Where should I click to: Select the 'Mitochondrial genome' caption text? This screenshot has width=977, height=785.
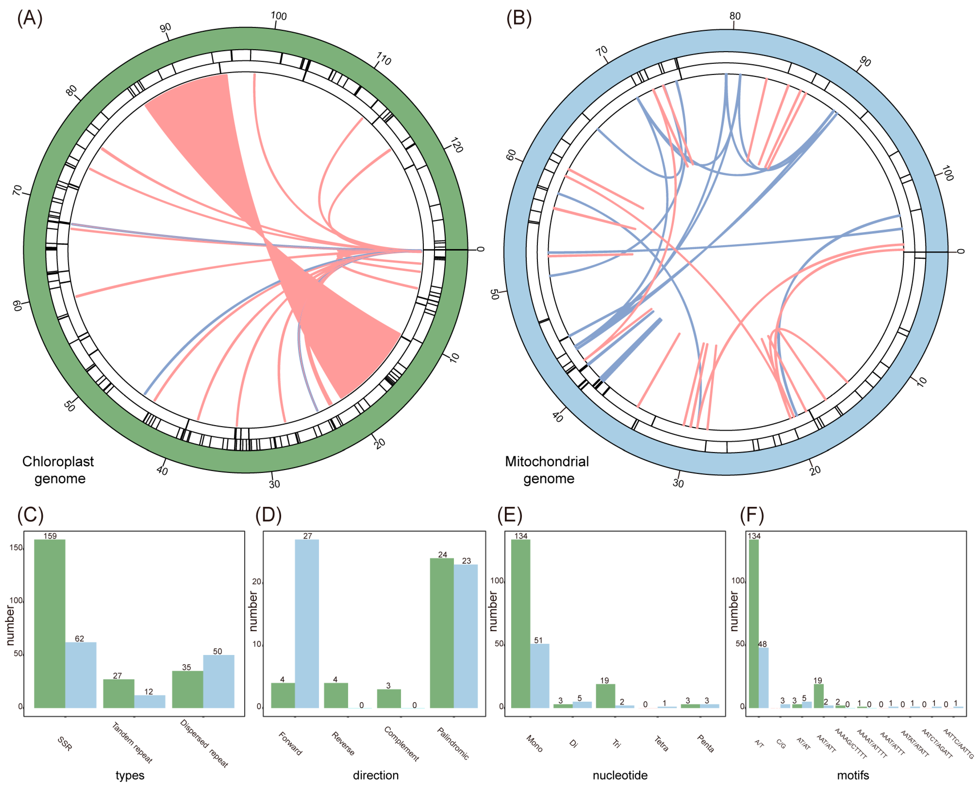click(547, 470)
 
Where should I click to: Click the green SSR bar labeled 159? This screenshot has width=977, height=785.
click(50, 623)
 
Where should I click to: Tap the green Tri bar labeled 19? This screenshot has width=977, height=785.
click(605, 696)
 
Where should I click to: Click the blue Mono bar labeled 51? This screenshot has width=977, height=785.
click(540, 675)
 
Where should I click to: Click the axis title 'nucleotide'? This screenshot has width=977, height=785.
click(620, 775)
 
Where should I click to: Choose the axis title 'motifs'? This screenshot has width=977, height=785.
click(853, 775)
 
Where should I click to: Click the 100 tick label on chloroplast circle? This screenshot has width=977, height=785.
click(279, 16)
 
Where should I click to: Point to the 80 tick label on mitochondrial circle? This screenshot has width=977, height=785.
click(735, 16)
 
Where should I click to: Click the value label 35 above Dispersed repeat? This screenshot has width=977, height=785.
click(186, 667)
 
